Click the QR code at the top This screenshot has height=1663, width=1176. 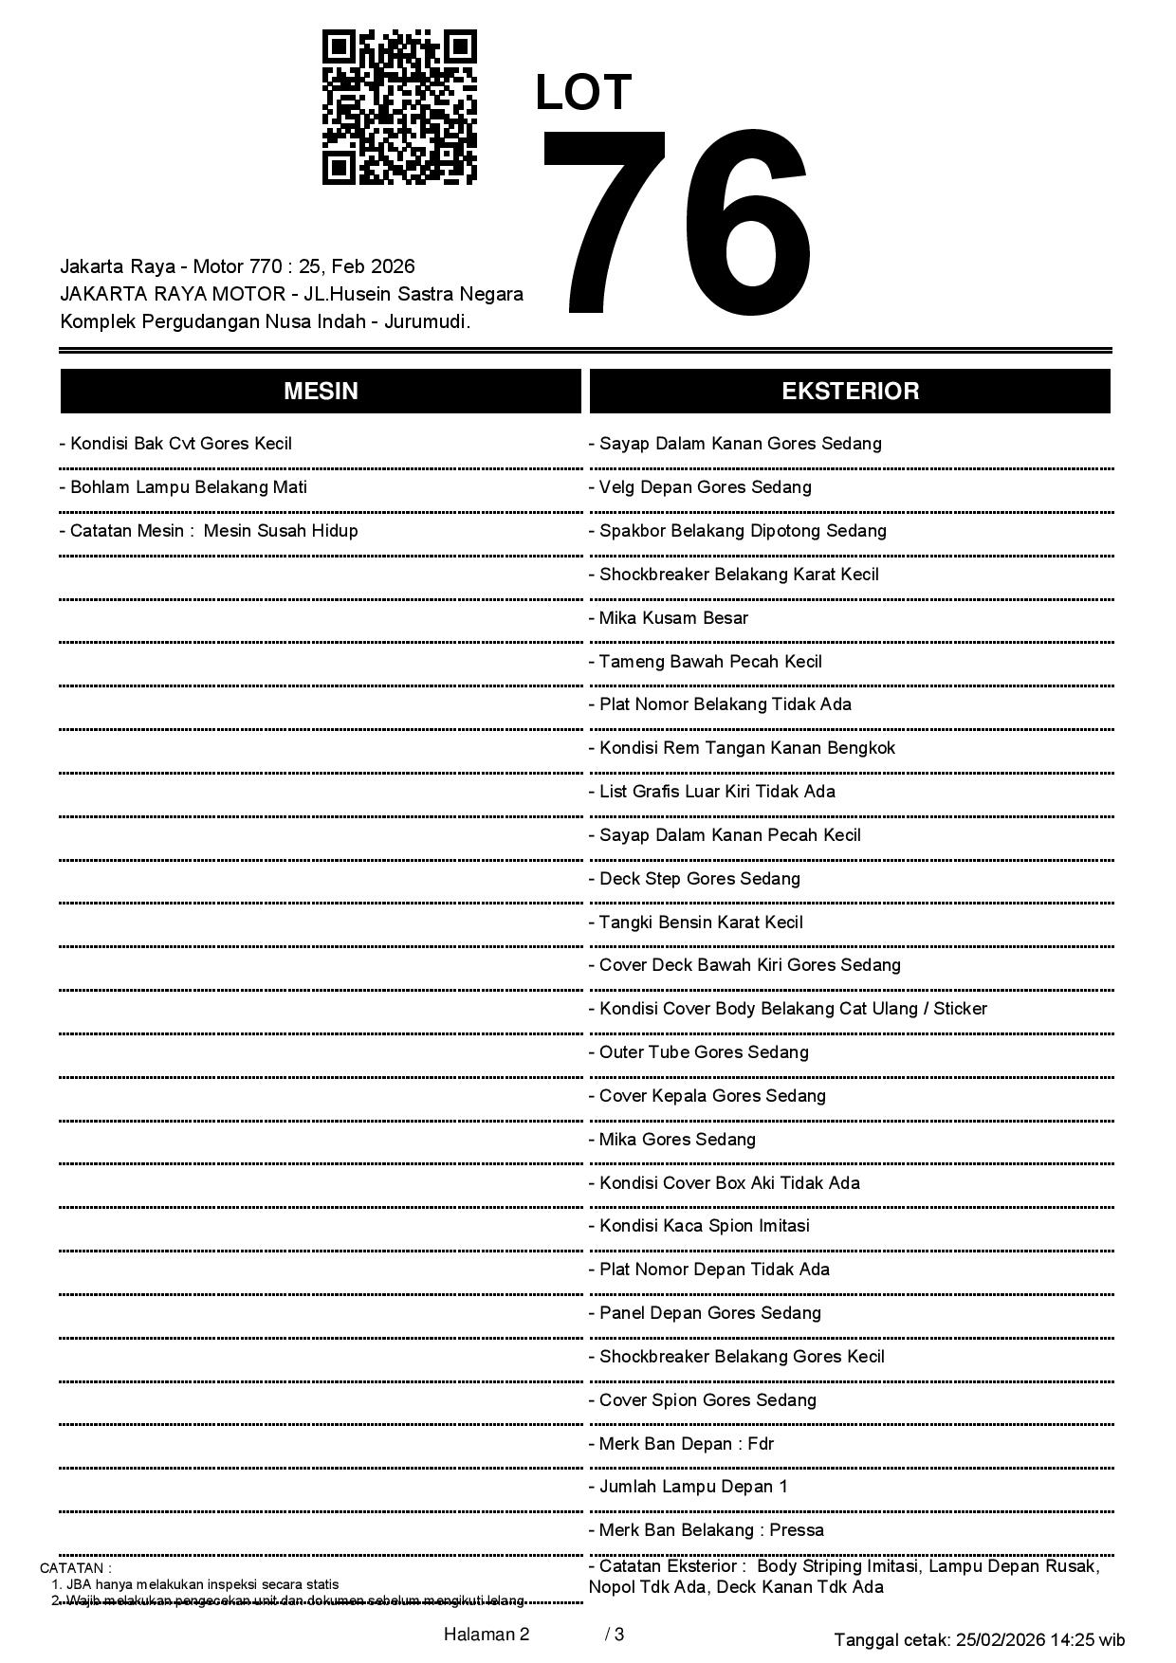click(399, 107)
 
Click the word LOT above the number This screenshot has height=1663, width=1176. click(583, 93)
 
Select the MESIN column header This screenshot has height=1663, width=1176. click(321, 392)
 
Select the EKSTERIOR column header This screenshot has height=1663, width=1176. click(850, 392)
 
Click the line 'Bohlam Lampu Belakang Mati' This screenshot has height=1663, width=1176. click(183, 487)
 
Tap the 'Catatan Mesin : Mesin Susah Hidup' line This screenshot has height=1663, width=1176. click(209, 531)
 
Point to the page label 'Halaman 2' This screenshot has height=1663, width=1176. click(487, 1635)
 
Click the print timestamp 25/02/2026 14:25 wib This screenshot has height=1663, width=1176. click(1040, 1640)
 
